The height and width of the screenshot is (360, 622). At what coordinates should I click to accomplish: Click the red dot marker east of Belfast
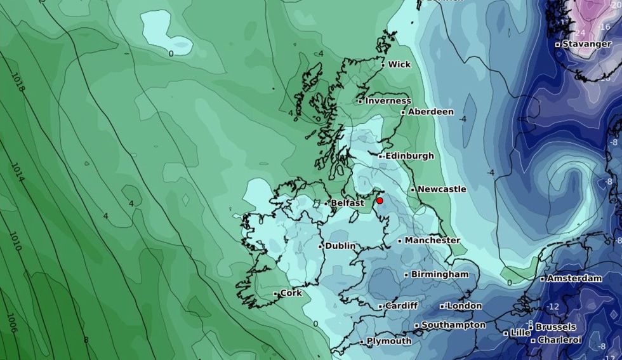pyautogui.click(x=380, y=201)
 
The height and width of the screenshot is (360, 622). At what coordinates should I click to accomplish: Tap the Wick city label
pyautogui.click(x=399, y=65)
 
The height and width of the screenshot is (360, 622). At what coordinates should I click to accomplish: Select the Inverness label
pyautogui.click(x=388, y=101)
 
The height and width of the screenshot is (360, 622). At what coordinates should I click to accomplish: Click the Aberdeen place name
pyautogui.click(x=430, y=112)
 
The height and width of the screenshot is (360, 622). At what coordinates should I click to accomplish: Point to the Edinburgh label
pyautogui.click(x=409, y=156)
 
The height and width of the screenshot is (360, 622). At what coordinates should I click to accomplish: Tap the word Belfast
pyautogui.click(x=347, y=203)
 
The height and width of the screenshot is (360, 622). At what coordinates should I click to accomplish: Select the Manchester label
pyautogui.click(x=432, y=241)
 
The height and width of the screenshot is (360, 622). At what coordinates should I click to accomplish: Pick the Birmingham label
pyautogui.click(x=440, y=274)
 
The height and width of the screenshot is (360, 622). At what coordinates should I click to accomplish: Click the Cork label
pyautogui.click(x=291, y=293)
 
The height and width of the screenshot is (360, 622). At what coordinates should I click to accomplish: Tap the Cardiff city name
pyautogui.click(x=401, y=306)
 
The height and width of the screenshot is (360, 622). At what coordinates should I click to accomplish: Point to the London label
pyautogui.click(x=465, y=306)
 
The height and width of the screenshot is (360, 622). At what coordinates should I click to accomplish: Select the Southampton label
pyautogui.click(x=453, y=325)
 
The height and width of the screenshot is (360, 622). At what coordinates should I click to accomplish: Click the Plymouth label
pyautogui.click(x=390, y=341)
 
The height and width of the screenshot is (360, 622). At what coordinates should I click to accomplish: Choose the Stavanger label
pyautogui.click(x=587, y=44)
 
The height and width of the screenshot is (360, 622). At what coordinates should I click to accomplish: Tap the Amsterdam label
pyautogui.click(x=574, y=279)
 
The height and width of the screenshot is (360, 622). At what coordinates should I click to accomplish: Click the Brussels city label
pyautogui.click(x=556, y=327)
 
